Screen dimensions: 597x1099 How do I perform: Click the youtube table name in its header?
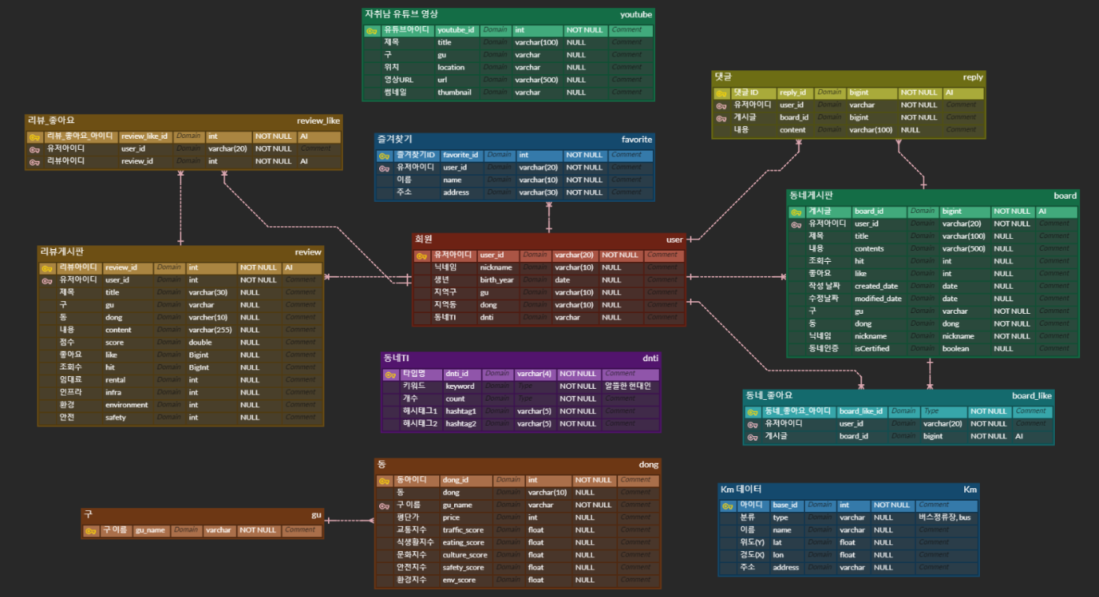(635, 14)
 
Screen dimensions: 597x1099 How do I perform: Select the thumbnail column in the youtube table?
(455, 92)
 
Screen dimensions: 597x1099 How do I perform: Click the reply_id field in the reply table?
(792, 92)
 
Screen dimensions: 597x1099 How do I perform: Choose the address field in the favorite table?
(456, 192)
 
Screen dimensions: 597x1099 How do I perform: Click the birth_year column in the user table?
(497, 280)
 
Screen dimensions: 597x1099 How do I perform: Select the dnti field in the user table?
(486, 318)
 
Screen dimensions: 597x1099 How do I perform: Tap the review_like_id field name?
(144, 136)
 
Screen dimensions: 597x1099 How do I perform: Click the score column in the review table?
(114, 342)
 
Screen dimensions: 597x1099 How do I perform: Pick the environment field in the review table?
(126, 405)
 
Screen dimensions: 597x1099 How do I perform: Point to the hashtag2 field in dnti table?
(460, 423)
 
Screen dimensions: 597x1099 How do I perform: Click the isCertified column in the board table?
(872, 349)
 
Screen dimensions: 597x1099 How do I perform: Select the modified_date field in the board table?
(877, 299)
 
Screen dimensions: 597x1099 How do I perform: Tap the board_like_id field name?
(862, 411)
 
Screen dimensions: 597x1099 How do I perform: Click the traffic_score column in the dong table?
(463, 530)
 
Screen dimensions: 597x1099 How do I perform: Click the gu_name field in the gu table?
(150, 530)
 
